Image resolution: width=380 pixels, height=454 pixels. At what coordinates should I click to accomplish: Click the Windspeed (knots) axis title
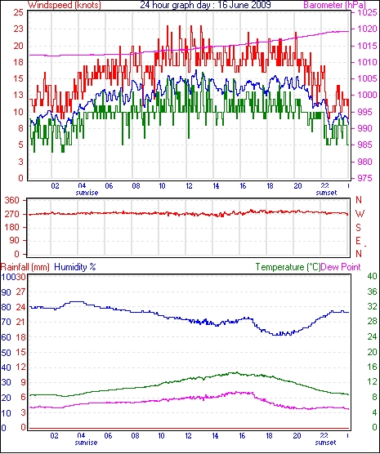(x=65, y=5)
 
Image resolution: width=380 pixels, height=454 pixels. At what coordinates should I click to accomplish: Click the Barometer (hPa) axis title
(x=335, y=5)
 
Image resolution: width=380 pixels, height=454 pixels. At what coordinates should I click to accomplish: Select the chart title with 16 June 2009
(x=205, y=5)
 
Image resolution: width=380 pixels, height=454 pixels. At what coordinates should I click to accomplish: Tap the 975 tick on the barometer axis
(x=364, y=178)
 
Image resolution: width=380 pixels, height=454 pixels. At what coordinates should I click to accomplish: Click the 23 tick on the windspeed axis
(x=18, y=29)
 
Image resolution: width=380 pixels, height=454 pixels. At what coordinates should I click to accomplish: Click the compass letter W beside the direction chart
(x=360, y=214)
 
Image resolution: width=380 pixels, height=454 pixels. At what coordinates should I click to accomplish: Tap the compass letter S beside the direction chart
(x=359, y=228)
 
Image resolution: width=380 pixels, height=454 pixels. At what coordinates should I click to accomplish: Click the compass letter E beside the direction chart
(x=359, y=241)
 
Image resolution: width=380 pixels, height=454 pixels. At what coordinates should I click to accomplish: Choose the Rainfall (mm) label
(x=25, y=267)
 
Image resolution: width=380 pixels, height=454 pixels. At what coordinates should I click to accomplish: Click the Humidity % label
(x=75, y=267)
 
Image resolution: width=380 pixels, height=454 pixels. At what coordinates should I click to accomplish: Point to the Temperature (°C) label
(x=288, y=267)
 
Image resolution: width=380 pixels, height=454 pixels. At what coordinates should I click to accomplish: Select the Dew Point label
(x=341, y=267)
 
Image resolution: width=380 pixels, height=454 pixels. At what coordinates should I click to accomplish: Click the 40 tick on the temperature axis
(x=372, y=276)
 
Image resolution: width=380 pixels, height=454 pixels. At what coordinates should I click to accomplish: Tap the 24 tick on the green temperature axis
(x=372, y=336)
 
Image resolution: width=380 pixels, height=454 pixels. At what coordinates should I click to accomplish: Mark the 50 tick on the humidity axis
(x=6, y=353)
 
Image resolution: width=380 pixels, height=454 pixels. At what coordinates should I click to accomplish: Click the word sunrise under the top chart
(x=87, y=193)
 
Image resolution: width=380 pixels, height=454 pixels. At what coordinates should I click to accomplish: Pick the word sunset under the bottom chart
(x=325, y=443)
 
